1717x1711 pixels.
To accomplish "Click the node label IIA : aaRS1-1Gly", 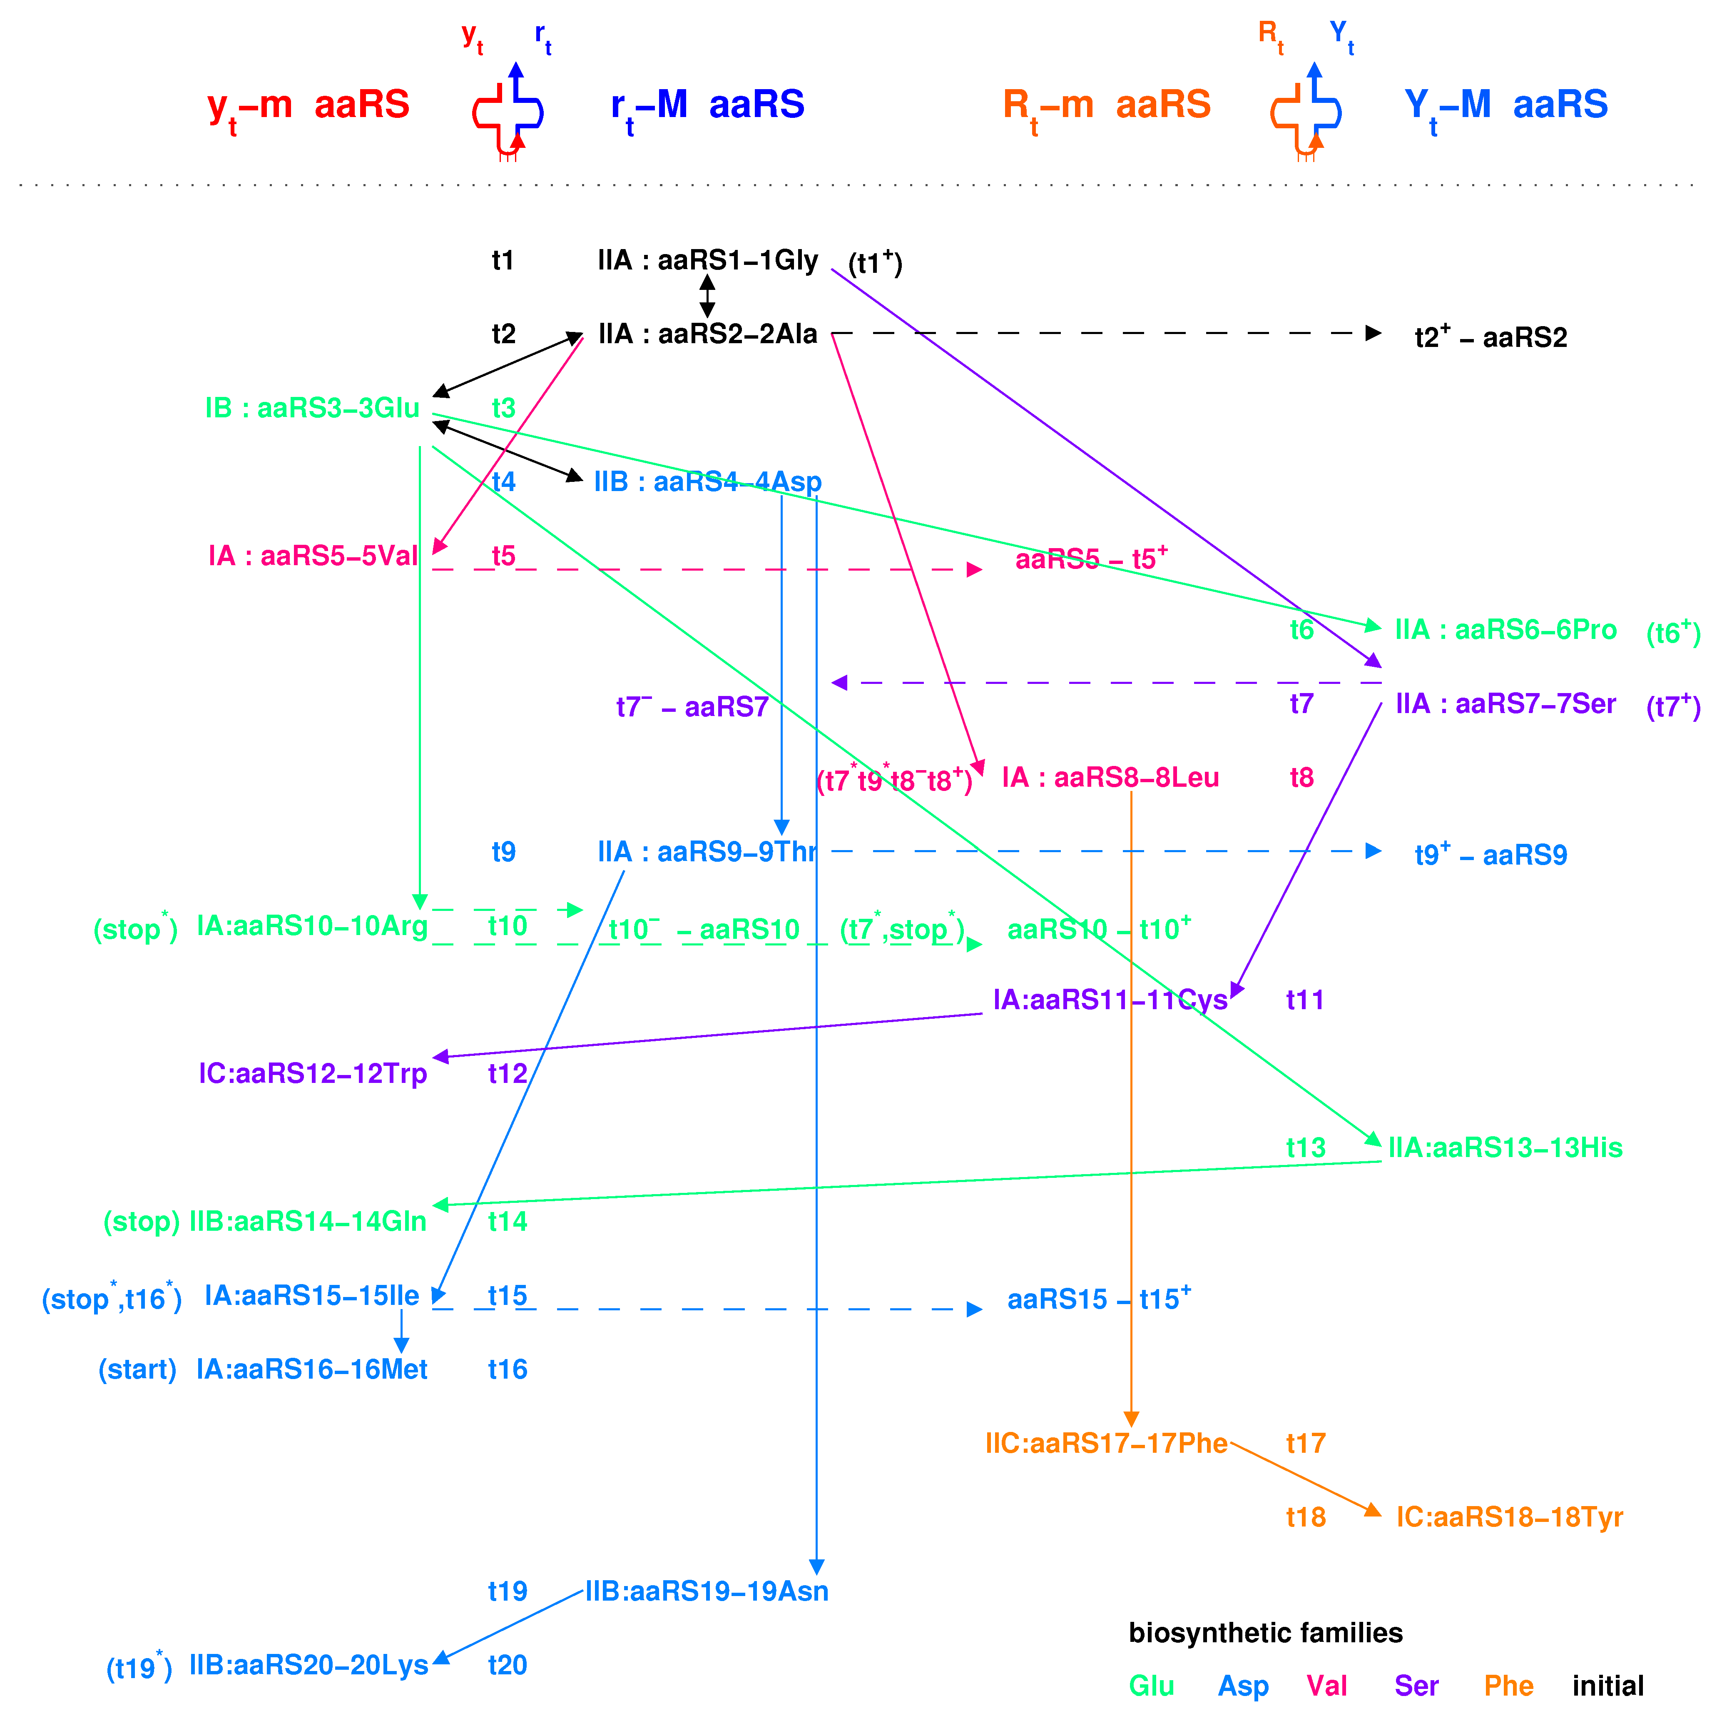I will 707,260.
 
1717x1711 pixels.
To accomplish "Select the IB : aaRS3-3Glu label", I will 312,408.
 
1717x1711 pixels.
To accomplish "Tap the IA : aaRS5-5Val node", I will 313,556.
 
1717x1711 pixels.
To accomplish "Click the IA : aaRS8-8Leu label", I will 1110,778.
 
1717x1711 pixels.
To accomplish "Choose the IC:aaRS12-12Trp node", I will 313,1074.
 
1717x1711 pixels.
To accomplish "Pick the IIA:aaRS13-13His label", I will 1505,1147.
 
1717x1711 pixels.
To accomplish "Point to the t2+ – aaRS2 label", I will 1491,337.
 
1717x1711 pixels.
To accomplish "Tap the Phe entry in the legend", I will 1508,1686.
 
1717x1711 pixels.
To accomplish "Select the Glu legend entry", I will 1151,1686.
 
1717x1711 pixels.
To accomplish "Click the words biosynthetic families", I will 1266,1633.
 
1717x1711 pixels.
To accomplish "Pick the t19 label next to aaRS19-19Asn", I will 508,1591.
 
